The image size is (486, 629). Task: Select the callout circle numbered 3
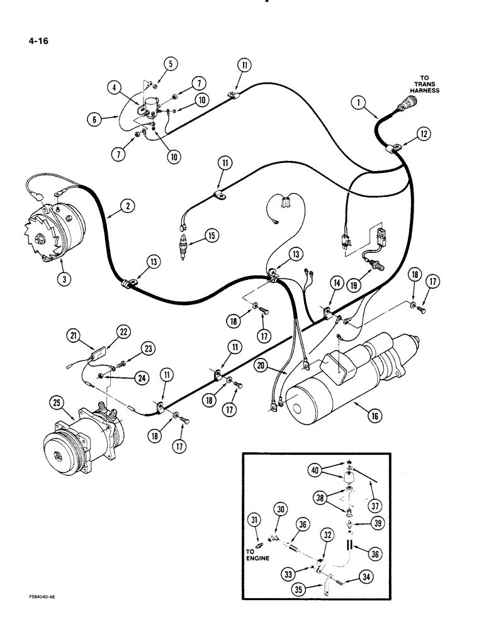(63, 280)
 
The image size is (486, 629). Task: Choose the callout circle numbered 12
(423, 134)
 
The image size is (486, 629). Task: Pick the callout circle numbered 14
(337, 284)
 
